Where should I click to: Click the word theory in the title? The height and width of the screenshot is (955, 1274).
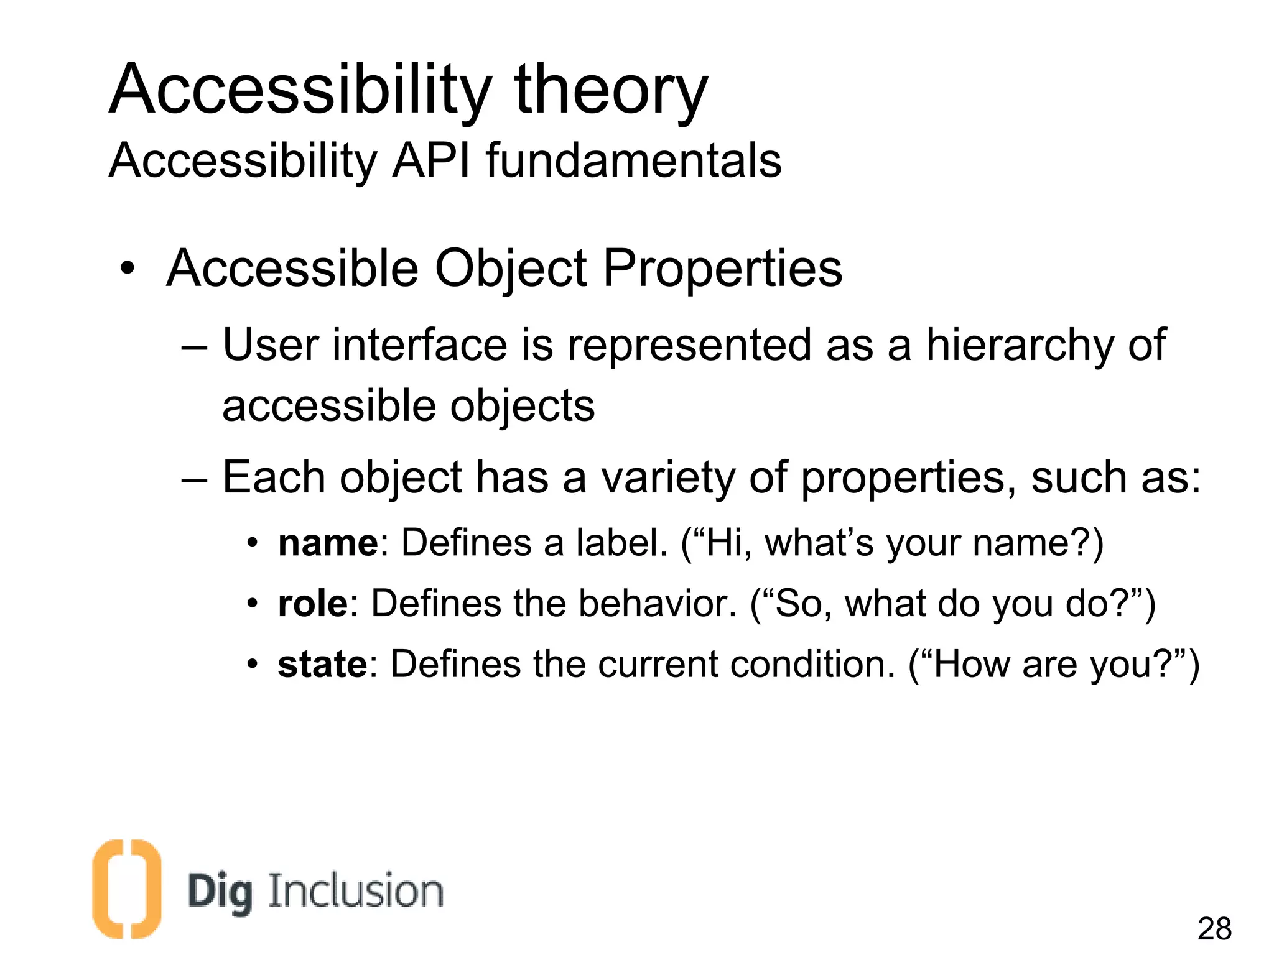(611, 90)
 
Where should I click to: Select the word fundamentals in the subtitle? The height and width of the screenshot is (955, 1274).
(633, 160)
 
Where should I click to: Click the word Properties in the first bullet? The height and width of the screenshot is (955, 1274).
(722, 269)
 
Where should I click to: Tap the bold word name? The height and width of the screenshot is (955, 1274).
(328, 543)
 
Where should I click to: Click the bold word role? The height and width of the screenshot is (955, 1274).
(312, 604)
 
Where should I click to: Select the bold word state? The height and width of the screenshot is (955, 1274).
(322, 665)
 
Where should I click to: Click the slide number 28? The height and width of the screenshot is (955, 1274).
(1214, 929)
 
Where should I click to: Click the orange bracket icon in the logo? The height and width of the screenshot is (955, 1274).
(126, 889)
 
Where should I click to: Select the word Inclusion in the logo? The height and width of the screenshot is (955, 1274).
(356, 891)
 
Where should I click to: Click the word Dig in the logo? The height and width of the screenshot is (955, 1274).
(220, 893)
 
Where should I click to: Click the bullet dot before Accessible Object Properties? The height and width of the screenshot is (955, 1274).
(128, 269)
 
